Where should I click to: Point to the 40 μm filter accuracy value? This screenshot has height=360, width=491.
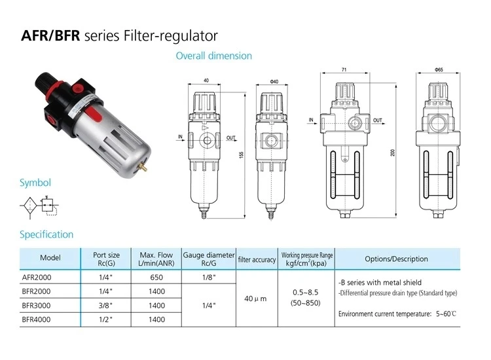click(x=255, y=298)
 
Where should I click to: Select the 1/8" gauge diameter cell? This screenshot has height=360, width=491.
click(x=208, y=277)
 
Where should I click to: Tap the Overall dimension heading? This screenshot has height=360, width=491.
click(x=213, y=56)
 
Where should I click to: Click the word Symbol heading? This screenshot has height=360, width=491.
click(x=35, y=183)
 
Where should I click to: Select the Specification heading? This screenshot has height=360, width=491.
click(x=46, y=234)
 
